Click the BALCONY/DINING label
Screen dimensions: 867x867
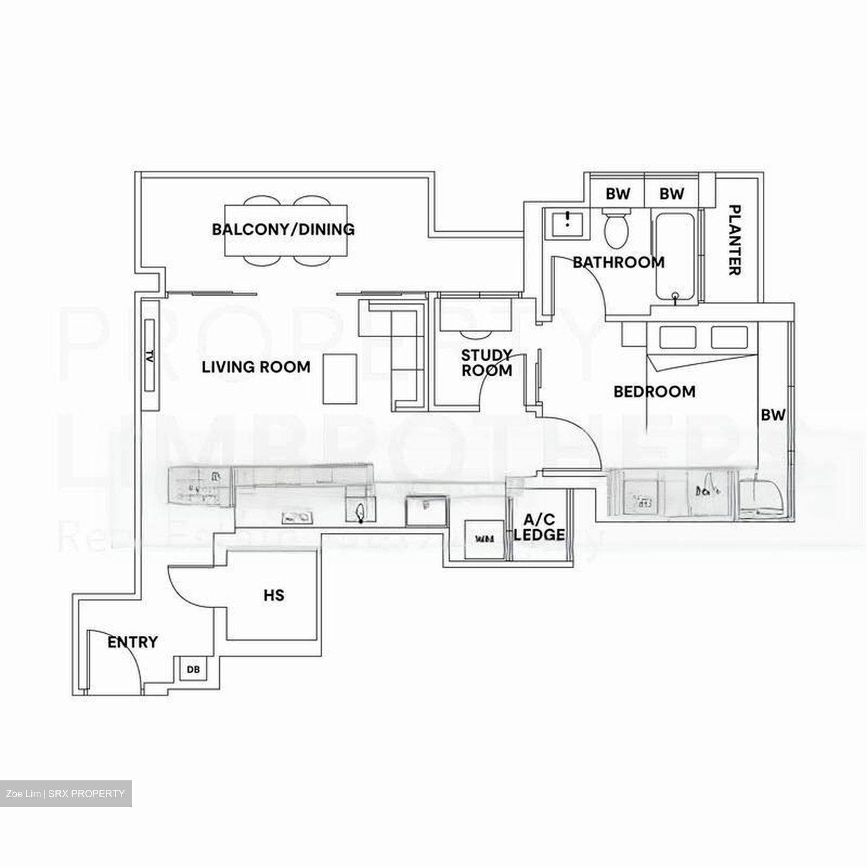point(283,229)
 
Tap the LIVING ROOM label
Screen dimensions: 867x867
point(256,367)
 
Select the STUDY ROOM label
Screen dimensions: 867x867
point(486,362)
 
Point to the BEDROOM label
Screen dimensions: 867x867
point(654,392)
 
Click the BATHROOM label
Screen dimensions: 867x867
point(618,263)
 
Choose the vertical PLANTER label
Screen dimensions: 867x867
point(735,240)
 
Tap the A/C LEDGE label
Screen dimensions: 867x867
point(539,527)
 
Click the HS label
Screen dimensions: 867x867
point(274,595)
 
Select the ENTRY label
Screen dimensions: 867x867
point(132,642)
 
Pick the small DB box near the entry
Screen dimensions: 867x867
point(193,669)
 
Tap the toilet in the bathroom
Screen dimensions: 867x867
point(616,229)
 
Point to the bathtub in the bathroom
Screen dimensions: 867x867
point(675,256)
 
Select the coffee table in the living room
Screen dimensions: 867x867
point(340,379)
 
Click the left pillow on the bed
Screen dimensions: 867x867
point(678,337)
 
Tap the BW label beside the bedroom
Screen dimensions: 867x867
point(773,415)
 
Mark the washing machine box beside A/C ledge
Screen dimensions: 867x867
point(485,539)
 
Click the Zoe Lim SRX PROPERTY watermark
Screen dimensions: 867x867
point(66,794)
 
